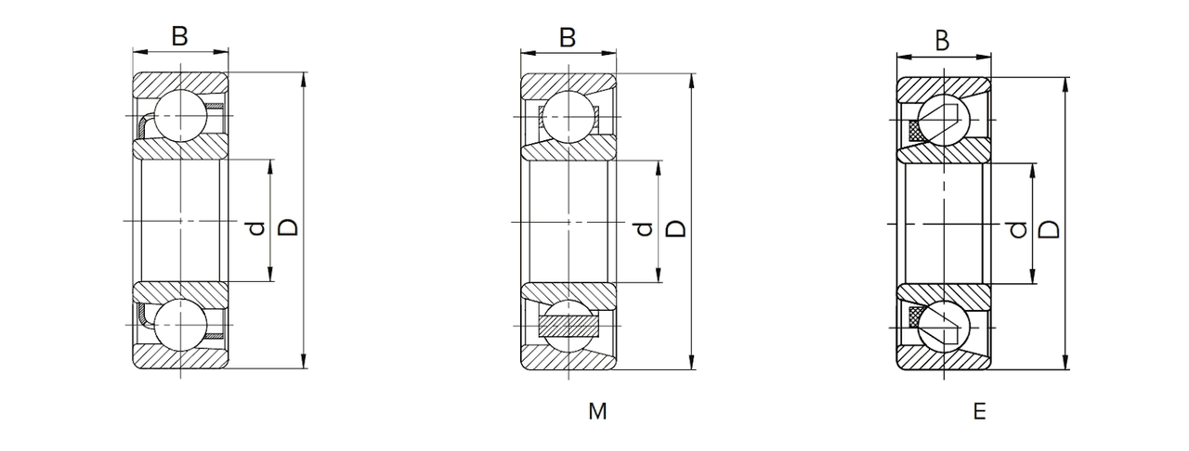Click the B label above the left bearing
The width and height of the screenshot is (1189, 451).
(x=179, y=36)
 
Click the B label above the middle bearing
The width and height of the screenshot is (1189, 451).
(x=568, y=38)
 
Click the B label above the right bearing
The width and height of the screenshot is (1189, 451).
(x=942, y=40)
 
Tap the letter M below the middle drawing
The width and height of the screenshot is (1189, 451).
(x=597, y=412)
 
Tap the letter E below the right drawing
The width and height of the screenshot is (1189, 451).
(x=980, y=412)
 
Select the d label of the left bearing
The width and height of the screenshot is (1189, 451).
(x=257, y=228)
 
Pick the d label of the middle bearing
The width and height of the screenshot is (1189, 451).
(x=645, y=229)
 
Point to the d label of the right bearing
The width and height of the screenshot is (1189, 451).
(x=1018, y=231)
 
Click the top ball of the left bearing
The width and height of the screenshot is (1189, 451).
(x=180, y=116)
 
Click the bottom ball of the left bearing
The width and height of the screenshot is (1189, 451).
(x=180, y=325)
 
